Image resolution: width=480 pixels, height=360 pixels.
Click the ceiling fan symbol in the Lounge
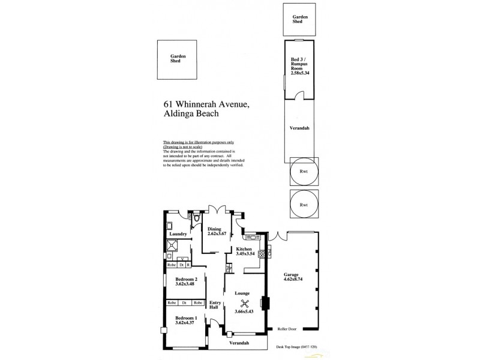244,303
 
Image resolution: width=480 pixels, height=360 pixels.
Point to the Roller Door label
288,329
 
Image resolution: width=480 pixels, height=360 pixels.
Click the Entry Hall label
213,305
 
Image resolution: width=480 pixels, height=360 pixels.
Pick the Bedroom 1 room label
186,317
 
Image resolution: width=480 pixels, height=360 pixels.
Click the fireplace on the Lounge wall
262,303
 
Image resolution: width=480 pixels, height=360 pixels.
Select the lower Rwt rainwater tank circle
303,204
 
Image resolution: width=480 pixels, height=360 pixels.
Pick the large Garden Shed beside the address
178,59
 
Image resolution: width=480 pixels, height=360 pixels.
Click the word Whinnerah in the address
192,104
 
